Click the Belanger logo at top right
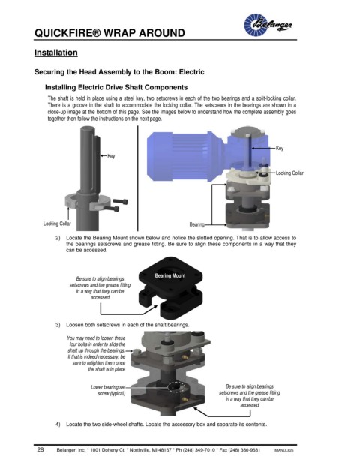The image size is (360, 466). click(268, 25)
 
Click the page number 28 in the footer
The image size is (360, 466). click(40, 449)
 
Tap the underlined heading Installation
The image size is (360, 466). click(55, 53)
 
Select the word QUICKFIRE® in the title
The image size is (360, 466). click(68, 33)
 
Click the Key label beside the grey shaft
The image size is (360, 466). click(111, 156)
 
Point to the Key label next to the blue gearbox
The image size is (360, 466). click(280, 148)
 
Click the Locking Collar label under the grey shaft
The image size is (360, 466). click(57, 224)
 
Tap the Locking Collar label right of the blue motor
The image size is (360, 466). click(289, 173)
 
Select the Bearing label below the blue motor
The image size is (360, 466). click(197, 224)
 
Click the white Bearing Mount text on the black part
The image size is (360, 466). click(170, 276)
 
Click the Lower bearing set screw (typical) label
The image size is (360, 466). click(108, 390)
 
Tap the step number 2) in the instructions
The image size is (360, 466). click(58, 238)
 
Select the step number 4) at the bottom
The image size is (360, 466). click(58, 425)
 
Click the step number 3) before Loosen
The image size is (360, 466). click(58, 325)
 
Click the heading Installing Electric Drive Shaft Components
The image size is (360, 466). click(116, 87)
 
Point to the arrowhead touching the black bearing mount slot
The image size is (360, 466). click(155, 307)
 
